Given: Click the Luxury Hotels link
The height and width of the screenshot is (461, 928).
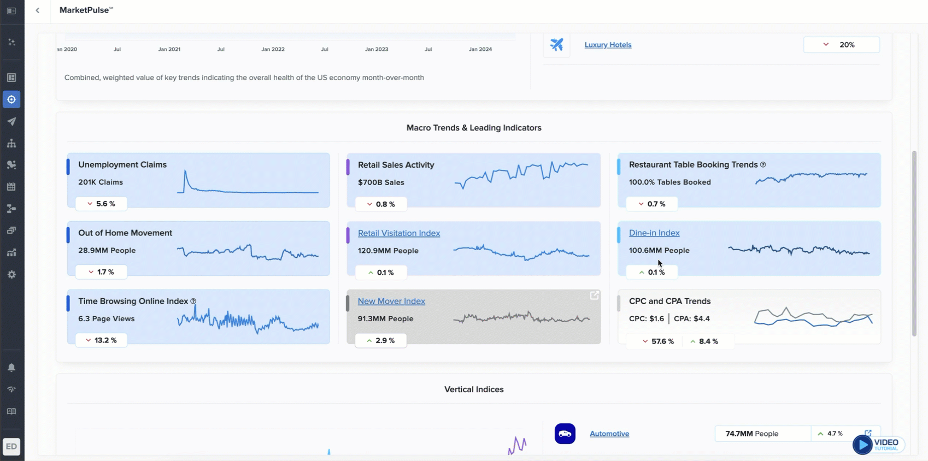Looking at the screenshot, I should pyautogui.click(x=608, y=45).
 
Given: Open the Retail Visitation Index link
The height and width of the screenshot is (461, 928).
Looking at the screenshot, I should pyautogui.click(x=398, y=233).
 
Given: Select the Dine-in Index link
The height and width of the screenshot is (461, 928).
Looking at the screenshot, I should pyautogui.click(x=654, y=233).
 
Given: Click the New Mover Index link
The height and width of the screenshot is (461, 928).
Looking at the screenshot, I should pyautogui.click(x=391, y=301).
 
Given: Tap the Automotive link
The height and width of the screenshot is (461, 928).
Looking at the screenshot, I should pyautogui.click(x=609, y=434).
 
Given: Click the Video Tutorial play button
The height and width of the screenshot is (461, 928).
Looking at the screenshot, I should pyautogui.click(x=862, y=445).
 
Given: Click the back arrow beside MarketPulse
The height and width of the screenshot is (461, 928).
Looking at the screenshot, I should pyautogui.click(x=38, y=10).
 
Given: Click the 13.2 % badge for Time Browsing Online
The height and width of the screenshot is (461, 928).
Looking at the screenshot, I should pyautogui.click(x=101, y=340).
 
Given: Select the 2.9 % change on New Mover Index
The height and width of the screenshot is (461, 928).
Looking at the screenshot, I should pyautogui.click(x=380, y=340).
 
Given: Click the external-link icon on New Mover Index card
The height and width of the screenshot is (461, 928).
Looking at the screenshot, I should pyautogui.click(x=594, y=295).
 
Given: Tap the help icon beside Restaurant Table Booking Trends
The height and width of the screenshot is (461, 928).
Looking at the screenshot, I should pyautogui.click(x=763, y=164).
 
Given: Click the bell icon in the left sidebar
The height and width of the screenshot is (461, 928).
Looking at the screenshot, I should pyautogui.click(x=11, y=368).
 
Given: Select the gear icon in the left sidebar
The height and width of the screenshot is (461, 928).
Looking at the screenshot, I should pyautogui.click(x=11, y=274).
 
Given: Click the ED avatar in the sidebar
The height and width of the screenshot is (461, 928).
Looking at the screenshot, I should pyautogui.click(x=11, y=446).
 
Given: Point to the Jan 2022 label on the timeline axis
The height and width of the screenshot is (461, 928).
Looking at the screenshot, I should pyautogui.click(x=273, y=49).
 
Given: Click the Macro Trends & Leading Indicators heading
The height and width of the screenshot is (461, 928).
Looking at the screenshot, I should pyautogui.click(x=474, y=128).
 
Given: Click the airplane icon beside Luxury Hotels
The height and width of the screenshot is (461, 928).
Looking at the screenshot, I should pyautogui.click(x=556, y=45).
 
